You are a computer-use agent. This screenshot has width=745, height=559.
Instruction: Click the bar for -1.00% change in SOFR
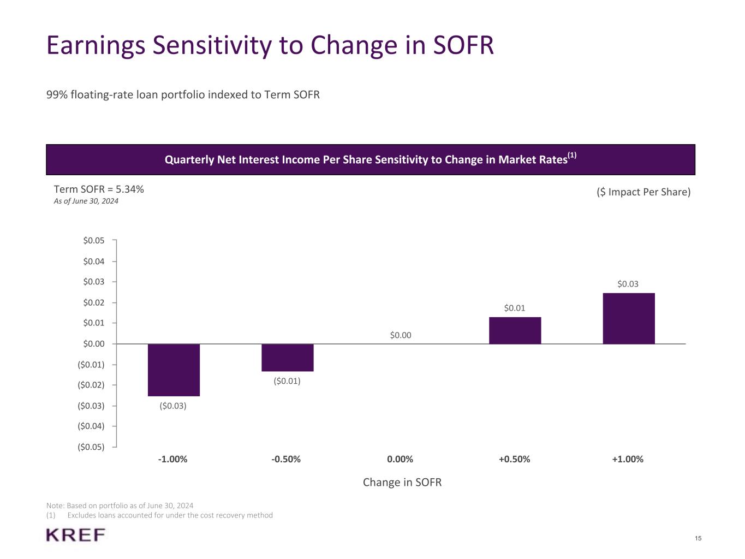click(174, 370)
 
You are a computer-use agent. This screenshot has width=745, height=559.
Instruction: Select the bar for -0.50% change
click(287, 358)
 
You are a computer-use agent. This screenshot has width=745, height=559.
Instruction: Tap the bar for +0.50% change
click(515, 330)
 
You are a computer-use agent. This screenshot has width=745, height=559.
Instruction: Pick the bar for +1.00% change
click(628, 318)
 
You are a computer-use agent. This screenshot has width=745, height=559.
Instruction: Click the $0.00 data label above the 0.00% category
click(401, 335)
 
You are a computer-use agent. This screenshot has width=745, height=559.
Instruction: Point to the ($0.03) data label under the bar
click(173, 406)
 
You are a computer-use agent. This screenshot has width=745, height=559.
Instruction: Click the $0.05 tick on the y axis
click(94, 240)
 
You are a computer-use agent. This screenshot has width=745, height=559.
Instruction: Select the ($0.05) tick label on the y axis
click(91, 447)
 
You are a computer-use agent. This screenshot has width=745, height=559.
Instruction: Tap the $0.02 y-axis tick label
click(94, 302)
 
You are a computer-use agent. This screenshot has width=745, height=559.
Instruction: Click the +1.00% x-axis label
click(628, 459)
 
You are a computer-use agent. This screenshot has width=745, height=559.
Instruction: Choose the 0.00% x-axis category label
click(400, 459)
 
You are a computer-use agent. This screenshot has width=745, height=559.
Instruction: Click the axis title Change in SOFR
click(402, 482)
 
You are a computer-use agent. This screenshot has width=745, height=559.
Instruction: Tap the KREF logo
click(76, 535)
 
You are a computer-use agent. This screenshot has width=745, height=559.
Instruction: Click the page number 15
click(699, 539)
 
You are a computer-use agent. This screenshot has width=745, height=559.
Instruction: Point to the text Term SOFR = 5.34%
click(99, 189)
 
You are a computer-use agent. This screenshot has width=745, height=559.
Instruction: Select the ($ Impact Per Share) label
click(643, 192)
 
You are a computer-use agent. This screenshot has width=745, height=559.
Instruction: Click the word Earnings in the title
click(96, 45)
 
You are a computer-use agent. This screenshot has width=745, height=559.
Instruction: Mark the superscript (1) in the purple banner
click(572, 156)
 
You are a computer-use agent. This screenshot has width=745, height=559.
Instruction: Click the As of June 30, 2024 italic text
click(86, 201)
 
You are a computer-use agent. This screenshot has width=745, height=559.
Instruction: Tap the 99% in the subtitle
click(57, 95)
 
